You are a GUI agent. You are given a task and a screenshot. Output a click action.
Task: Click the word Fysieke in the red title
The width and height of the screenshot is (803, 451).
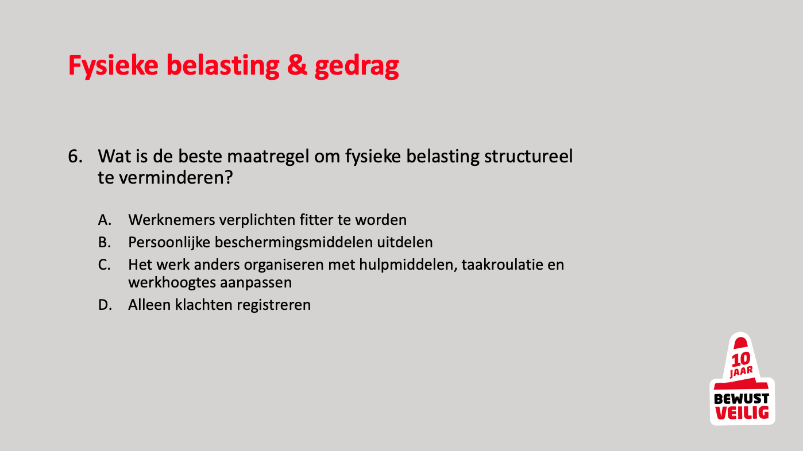click(113, 66)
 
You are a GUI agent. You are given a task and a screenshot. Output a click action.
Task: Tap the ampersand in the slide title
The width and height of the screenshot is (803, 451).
click(297, 65)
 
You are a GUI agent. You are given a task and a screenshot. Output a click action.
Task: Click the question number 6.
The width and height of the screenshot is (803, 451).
click(75, 157)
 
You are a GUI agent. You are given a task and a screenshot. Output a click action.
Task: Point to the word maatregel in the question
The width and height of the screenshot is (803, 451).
click(268, 157)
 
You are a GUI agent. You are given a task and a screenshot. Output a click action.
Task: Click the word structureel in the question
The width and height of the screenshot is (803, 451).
click(528, 156)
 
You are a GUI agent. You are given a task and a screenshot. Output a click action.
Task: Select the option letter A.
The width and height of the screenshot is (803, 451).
click(105, 220)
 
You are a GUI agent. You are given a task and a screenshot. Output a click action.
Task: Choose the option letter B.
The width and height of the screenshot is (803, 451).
click(105, 243)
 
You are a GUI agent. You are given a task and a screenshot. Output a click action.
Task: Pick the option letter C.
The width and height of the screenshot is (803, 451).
click(105, 265)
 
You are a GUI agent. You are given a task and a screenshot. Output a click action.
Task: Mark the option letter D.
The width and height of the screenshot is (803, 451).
click(105, 305)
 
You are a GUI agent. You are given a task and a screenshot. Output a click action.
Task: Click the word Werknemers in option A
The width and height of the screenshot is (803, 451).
click(171, 220)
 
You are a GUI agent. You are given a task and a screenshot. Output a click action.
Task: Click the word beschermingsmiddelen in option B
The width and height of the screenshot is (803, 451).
click(294, 243)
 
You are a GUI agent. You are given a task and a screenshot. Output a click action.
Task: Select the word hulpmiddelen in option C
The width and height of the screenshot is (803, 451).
click(408, 265)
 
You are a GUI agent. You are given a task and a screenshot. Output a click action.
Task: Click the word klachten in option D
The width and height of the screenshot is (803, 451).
click(203, 305)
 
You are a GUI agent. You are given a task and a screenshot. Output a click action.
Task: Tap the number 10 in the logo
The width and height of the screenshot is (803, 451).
click(740, 359)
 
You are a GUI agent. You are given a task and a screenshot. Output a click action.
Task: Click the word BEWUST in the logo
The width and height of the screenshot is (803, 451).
click(742, 399)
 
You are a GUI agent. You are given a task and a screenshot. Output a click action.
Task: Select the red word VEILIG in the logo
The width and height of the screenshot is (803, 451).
click(742, 413)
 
